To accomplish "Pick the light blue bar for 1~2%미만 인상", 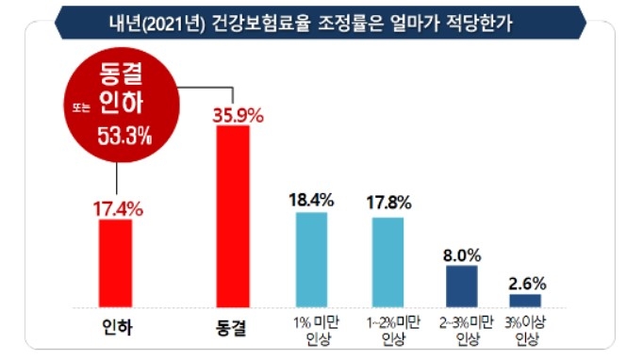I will (x=387, y=261).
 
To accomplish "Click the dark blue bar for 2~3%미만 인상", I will (x=461, y=285).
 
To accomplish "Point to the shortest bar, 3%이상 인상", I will (x=525, y=300).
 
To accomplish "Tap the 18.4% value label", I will (x=311, y=200).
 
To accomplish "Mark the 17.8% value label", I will (x=387, y=202).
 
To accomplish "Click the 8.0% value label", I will (x=462, y=254).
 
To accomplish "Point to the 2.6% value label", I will (x=526, y=281).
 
